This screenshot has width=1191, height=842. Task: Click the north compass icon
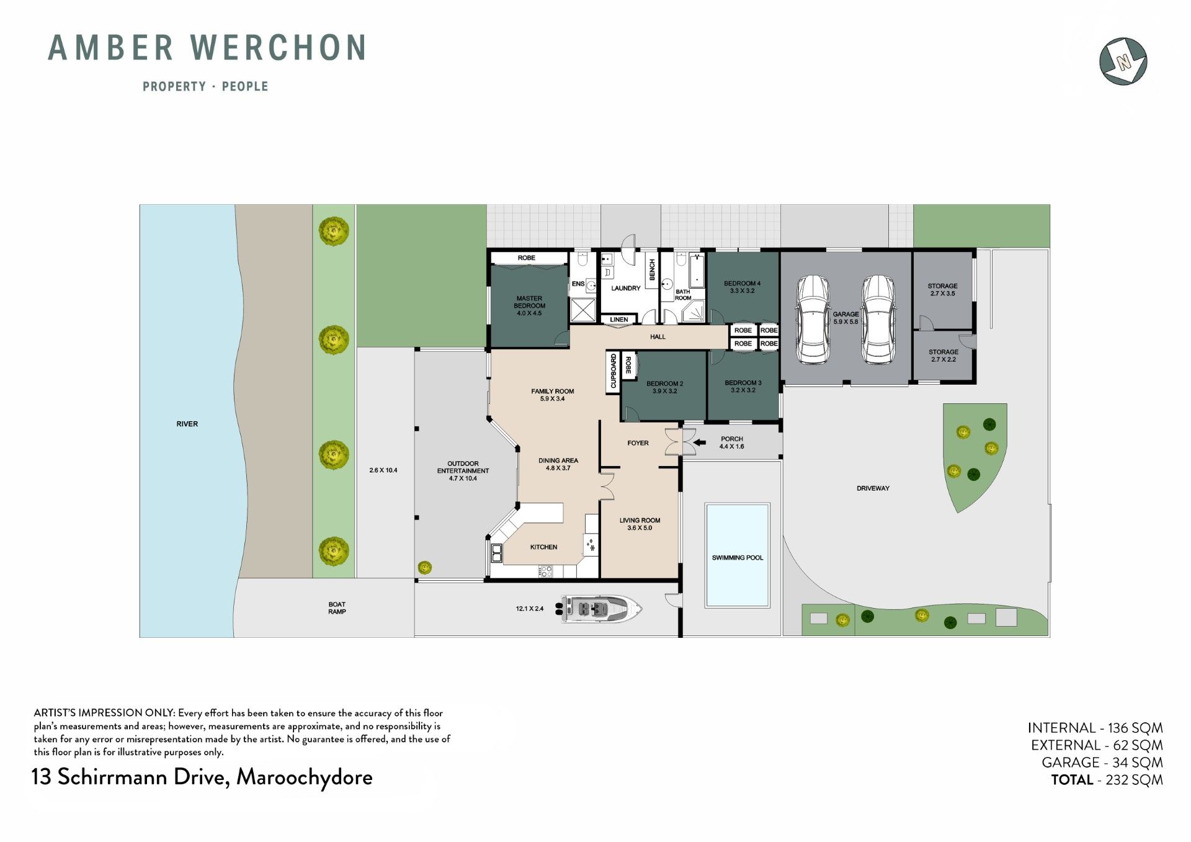point(1123,61)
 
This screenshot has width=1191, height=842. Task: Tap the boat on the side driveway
point(601,609)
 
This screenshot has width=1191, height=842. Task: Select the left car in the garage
point(813,320)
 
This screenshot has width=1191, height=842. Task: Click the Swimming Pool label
point(737,558)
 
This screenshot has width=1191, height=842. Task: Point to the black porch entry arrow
point(700,442)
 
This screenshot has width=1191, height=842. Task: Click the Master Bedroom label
point(529,306)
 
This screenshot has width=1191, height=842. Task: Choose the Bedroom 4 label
point(742,287)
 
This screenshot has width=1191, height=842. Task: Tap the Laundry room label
point(625,289)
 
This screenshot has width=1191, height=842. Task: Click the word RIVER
point(187,424)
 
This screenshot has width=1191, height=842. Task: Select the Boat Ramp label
point(337,608)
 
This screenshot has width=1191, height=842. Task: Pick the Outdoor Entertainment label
point(463,471)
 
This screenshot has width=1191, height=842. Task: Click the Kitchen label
point(543,547)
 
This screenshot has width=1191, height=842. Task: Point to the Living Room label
point(640,524)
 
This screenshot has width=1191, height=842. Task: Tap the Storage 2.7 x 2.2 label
point(943,356)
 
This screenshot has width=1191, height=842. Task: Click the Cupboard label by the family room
point(613,371)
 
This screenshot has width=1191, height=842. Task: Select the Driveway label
point(873,488)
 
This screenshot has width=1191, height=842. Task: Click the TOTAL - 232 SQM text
point(1107,780)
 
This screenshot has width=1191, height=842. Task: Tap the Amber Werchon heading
point(207,48)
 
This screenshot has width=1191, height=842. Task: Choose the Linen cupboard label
point(618,320)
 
